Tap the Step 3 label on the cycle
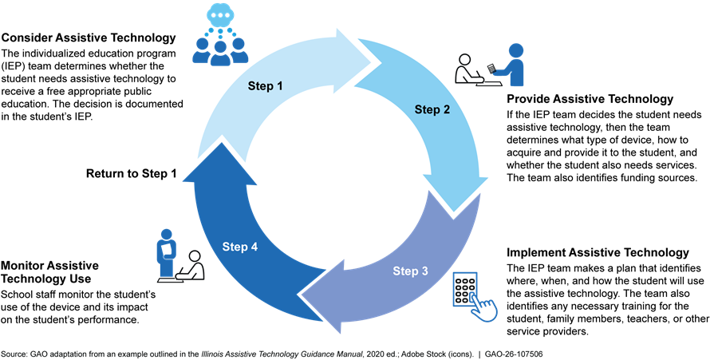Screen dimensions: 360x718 [410, 271]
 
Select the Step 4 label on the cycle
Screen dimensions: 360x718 [240, 247]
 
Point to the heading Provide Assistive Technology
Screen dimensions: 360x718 [590, 100]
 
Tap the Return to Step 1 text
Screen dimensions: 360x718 [131, 173]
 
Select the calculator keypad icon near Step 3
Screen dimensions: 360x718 [464, 288]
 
